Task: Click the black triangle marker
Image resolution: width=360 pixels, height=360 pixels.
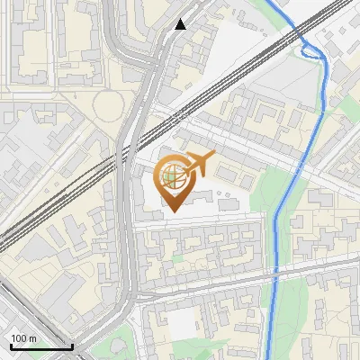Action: pyautogui.click(x=181, y=24)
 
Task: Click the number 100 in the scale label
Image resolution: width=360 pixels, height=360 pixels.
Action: pyautogui.click(x=19, y=337)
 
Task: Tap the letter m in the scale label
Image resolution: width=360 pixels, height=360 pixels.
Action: pyautogui.click(x=31, y=337)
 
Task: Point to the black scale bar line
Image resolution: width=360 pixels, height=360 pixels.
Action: pyautogui.click(x=41, y=346)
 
